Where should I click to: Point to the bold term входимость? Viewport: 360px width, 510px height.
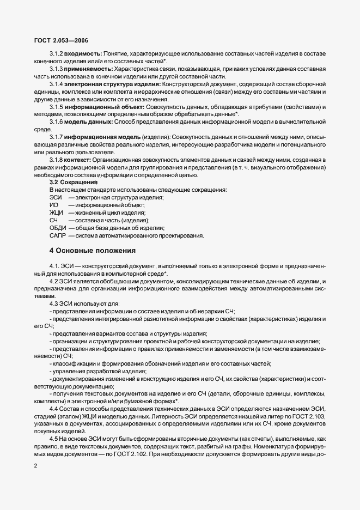point(82,56)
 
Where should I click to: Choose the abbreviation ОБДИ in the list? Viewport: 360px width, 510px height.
point(58,228)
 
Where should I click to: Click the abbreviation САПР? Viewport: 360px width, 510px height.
point(58,235)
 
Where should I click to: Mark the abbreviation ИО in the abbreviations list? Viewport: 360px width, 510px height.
point(53,205)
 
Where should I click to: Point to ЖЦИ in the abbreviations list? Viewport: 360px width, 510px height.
point(56,212)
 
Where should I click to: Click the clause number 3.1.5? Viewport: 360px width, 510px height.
point(57,107)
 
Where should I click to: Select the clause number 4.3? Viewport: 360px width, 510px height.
point(54,302)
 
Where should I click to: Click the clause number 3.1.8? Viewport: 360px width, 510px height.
point(57,160)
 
